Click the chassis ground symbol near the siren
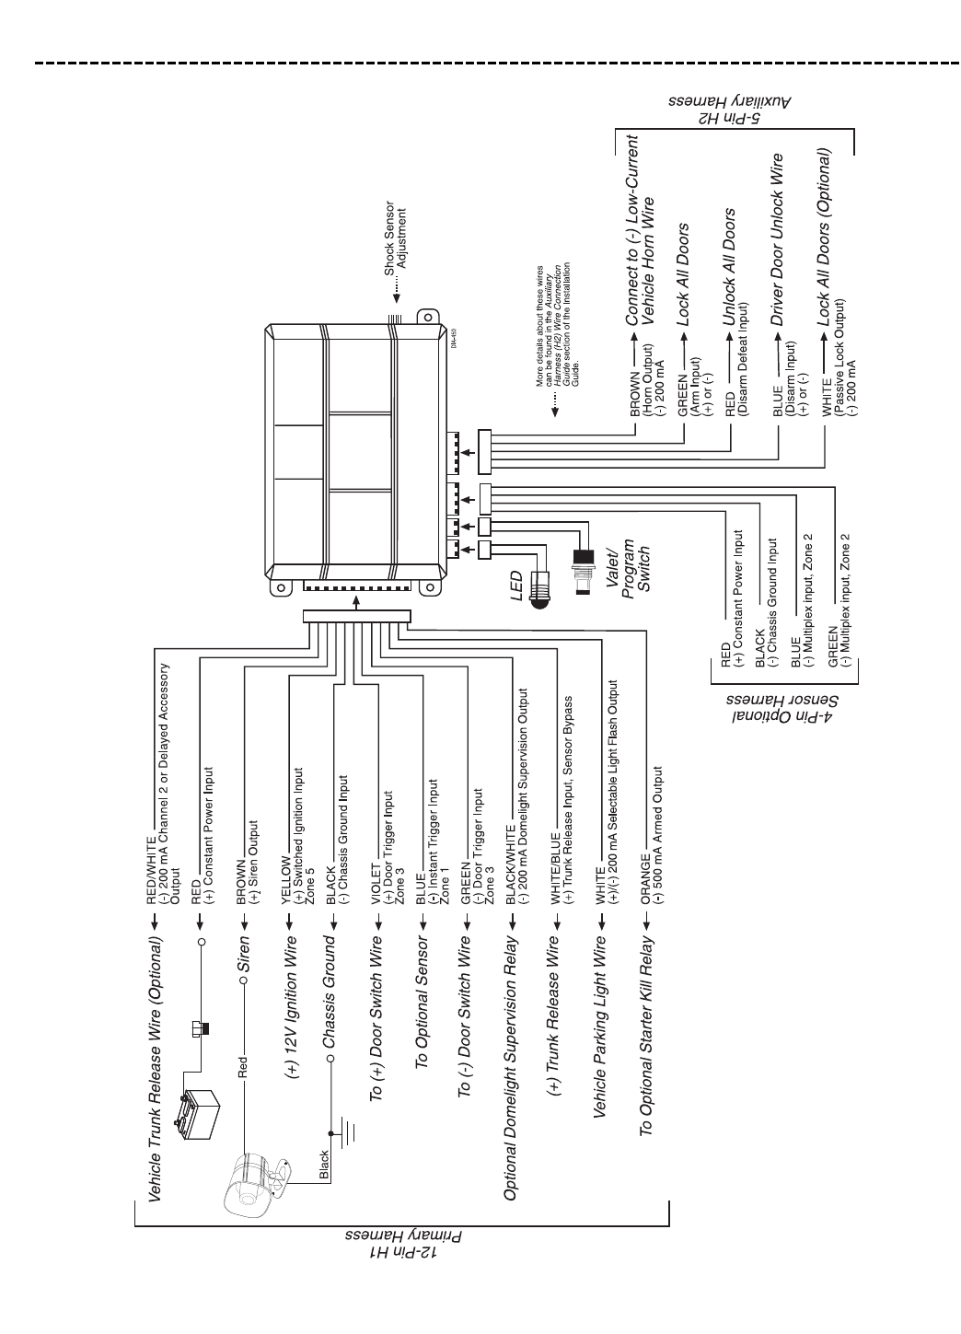click(348, 1132)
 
